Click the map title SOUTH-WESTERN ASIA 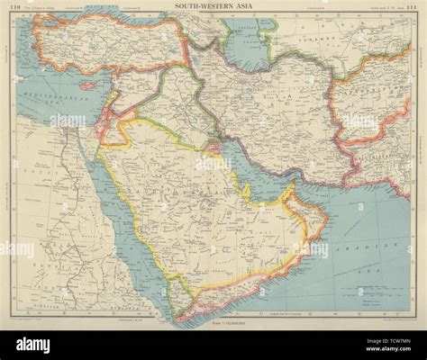(x=213, y=7)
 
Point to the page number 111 (x=408, y=8)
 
